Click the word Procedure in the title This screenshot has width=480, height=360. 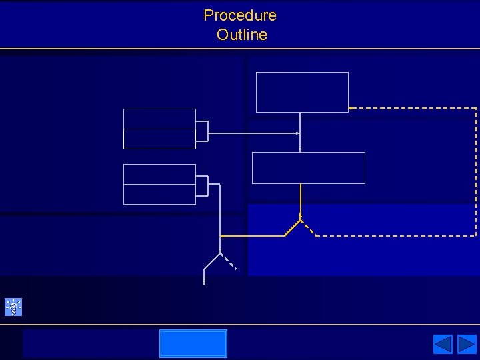240,15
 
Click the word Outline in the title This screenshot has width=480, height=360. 241,35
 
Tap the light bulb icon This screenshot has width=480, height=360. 13,307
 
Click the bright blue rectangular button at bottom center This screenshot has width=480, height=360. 193,343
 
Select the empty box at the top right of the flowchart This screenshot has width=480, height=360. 302,92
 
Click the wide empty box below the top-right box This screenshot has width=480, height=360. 308,167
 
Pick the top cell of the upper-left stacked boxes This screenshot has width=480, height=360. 159,119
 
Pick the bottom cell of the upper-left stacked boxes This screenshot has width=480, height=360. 159,139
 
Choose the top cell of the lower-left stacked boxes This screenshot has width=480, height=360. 159,174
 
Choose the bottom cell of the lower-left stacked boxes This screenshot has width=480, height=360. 159,194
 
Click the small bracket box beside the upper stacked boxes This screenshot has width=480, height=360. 201,131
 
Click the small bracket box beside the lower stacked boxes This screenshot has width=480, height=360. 201,186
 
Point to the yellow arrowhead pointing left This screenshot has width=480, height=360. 223,236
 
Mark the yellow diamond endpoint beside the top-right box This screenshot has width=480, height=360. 349,107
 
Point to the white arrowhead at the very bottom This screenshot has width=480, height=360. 204,283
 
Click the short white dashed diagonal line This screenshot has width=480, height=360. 228,261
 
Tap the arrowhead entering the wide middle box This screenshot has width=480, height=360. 300,150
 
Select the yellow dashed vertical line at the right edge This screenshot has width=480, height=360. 476,172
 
